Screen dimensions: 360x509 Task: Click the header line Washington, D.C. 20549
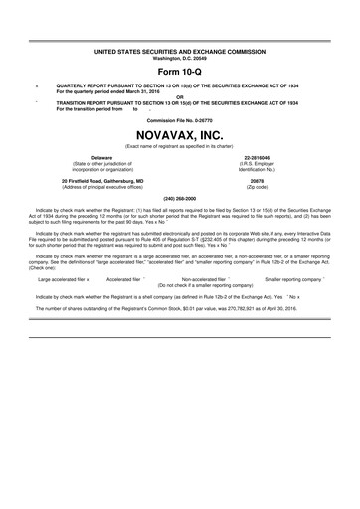pyautogui.click(x=180, y=54)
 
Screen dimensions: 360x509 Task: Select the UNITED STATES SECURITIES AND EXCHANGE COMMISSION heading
pyautogui.click(x=180, y=48)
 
